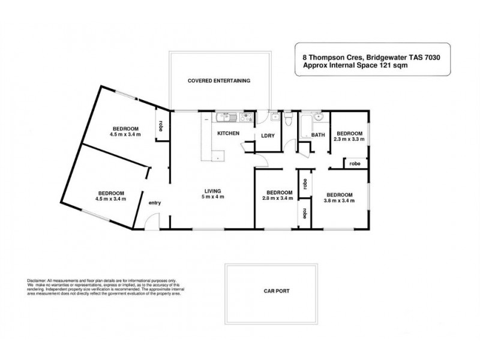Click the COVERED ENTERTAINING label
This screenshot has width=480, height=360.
point(218,80)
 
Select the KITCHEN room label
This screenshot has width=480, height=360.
point(228,133)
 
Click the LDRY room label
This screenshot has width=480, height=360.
point(268,136)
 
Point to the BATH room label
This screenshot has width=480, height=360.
point(317,136)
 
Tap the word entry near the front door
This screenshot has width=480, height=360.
point(155,203)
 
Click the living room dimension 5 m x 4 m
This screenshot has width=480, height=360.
point(213,198)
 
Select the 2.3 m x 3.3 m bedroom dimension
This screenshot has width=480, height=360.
point(349,139)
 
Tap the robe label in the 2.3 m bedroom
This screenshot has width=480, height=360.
point(355,163)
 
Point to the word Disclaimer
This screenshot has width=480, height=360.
point(38,281)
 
